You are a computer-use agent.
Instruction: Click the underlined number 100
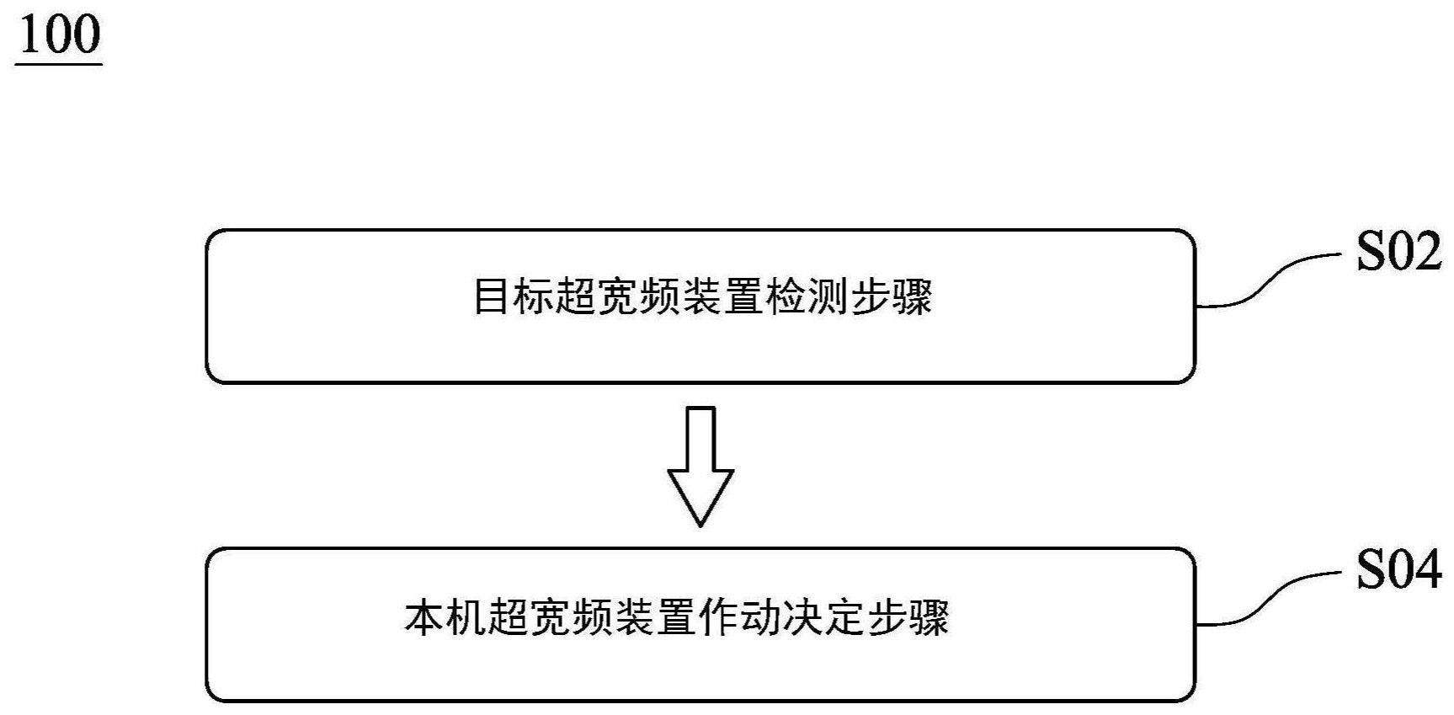(x=59, y=35)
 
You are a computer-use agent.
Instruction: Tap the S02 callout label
(x=1398, y=252)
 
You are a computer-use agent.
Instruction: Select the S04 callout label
(x=1398, y=570)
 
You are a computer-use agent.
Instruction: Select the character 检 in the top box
(x=786, y=297)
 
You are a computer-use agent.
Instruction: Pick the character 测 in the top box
(x=828, y=297)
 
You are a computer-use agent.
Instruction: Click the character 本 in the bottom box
(x=424, y=617)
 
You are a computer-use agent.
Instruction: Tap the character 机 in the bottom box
(x=466, y=617)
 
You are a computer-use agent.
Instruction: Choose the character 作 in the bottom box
(x=719, y=617)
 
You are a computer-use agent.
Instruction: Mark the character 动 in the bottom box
(x=761, y=617)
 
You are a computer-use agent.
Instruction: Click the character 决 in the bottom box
(x=803, y=617)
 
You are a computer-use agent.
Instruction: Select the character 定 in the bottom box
(x=845, y=617)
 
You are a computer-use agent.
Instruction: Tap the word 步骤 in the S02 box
(x=892, y=297)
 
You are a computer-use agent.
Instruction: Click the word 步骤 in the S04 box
(x=908, y=617)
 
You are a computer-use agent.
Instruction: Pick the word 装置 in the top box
(x=723, y=297)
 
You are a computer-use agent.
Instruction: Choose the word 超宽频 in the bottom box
(x=551, y=617)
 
